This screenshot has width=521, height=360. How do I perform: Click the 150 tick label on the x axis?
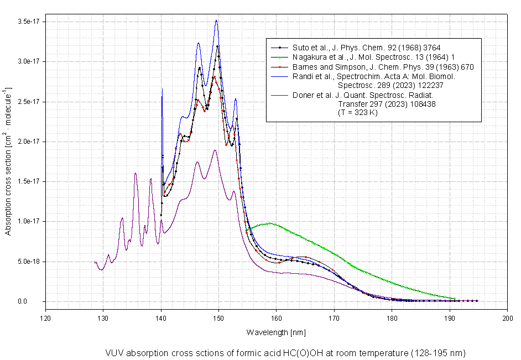218,318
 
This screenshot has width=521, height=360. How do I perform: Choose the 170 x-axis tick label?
334,318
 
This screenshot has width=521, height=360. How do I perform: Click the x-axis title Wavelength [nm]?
275,332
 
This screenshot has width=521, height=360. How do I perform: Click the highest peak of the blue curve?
216,20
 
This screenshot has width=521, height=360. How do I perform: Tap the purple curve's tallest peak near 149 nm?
215,150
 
